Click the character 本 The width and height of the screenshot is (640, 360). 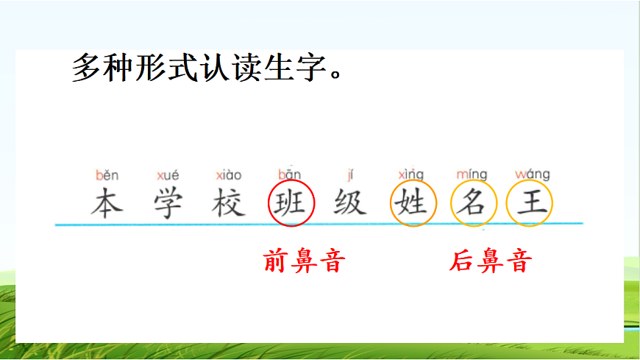tap(107, 203)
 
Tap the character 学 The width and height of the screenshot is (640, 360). tap(168, 203)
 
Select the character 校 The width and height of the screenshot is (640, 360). tap(229, 203)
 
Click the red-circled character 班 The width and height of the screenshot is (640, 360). tap(291, 202)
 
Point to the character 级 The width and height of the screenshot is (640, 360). tap(350, 202)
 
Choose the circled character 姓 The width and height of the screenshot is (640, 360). tap(413, 202)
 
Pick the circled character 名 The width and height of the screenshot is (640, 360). tap(473, 202)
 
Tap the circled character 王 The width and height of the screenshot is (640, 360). tap(530, 202)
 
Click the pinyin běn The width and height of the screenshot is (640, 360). tap(107, 176)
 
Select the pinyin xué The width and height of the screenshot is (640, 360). tap(168, 176)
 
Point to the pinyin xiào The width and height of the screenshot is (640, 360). tap(229, 176)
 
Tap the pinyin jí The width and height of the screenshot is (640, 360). tap(350, 175)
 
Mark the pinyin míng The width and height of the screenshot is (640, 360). tap(472, 175)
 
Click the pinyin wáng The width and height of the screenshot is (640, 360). tap(532, 175)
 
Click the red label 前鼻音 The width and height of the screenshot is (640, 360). tap(304, 261)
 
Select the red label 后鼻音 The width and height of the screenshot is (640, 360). tap(491, 261)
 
